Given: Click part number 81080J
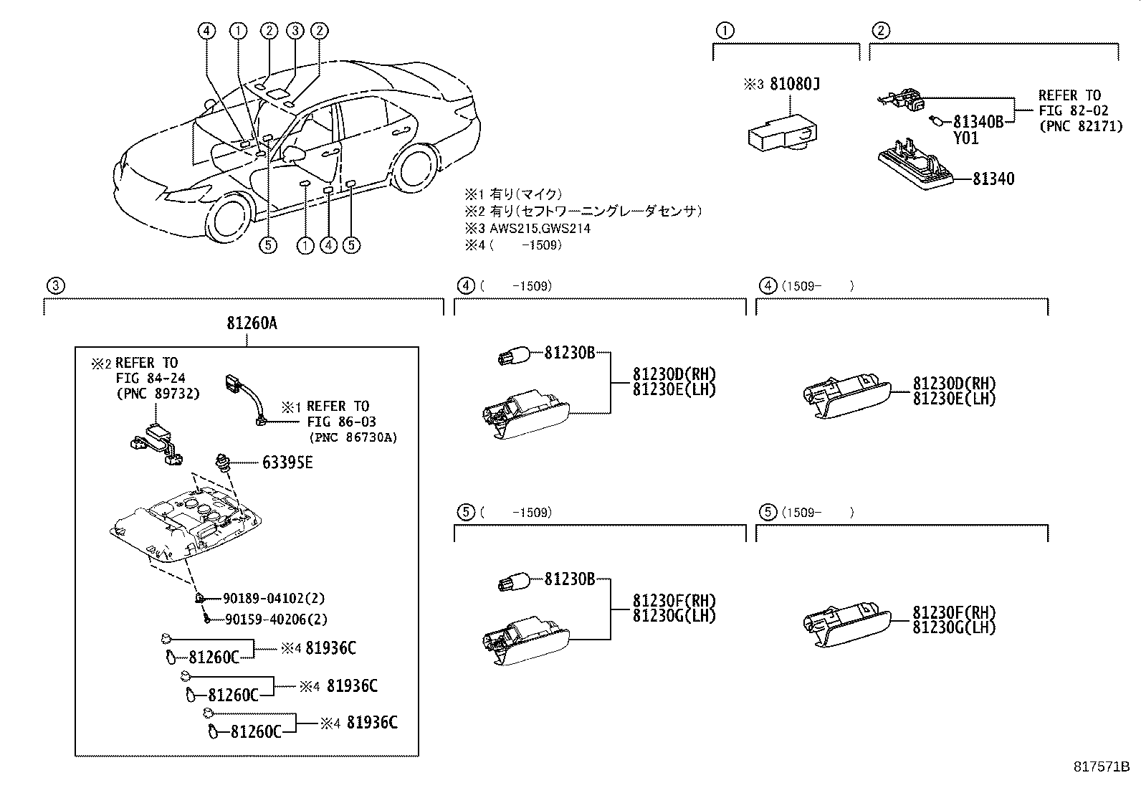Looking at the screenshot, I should tap(794, 84).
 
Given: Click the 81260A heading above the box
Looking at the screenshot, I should tap(252, 323).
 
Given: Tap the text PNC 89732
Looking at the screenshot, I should tap(158, 394).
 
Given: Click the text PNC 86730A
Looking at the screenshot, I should tap(353, 437).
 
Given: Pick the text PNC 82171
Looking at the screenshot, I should tap(1080, 127).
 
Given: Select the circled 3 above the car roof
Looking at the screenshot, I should tap(295, 30).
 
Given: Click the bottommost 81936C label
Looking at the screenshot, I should tap(371, 722).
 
